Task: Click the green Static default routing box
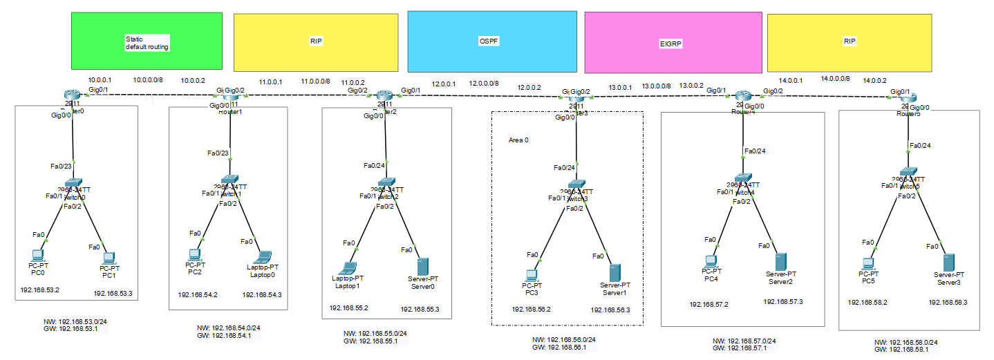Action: (x=147, y=41)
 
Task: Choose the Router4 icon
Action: (x=743, y=97)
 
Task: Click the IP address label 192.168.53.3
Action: (x=113, y=294)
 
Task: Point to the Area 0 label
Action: (x=518, y=140)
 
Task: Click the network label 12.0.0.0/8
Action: (x=484, y=83)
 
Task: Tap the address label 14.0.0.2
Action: (x=874, y=80)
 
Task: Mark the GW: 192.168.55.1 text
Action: (x=371, y=341)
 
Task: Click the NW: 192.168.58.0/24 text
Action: (x=906, y=342)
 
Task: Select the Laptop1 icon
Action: (x=350, y=267)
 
